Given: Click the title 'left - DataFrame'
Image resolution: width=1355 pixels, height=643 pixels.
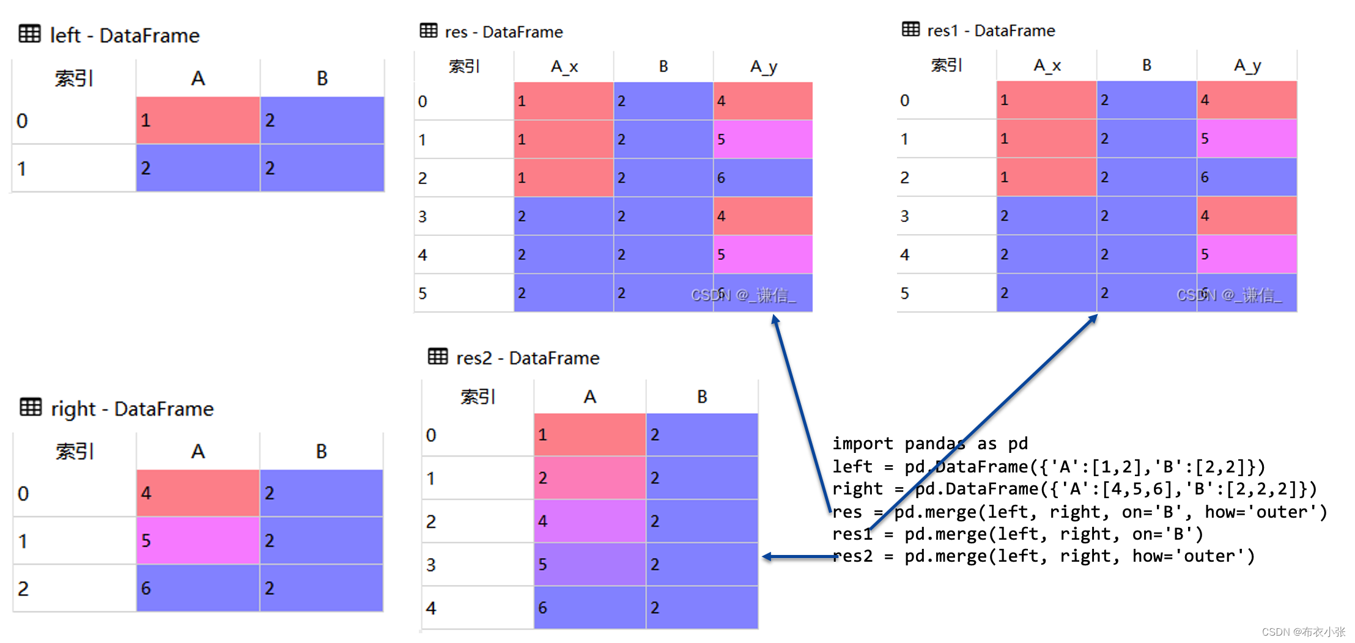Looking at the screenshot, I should [x=124, y=35].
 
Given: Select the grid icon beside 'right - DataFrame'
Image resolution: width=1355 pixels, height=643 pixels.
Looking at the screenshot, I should [x=31, y=407].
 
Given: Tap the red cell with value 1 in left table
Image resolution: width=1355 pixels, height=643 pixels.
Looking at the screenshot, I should [x=198, y=120].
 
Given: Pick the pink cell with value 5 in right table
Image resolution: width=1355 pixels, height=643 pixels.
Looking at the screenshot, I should [x=198, y=540].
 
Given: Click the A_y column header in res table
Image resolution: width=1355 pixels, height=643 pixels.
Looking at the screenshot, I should [x=763, y=66].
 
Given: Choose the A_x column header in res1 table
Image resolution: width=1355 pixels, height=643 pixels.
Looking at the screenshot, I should [x=1047, y=65].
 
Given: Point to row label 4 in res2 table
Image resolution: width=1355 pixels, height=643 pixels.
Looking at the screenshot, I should [x=431, y=608].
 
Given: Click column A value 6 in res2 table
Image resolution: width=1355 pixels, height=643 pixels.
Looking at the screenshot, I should [x=589, y=608].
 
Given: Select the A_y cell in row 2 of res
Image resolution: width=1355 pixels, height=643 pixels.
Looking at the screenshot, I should [x=762, y=178].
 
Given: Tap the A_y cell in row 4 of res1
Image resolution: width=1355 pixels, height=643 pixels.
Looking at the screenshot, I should [x=1247, y=254].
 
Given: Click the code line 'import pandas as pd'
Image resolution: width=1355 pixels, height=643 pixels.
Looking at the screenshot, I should [x=929, y=443].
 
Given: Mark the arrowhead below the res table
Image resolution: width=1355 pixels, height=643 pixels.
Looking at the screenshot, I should [x=775, y=320].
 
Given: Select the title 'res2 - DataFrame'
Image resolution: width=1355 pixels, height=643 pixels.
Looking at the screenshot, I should [x=527, y=358].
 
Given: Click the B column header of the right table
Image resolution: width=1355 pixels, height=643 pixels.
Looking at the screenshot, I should [x=322, y=451].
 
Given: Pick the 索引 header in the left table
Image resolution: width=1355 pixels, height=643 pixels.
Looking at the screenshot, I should [x=74, y=78].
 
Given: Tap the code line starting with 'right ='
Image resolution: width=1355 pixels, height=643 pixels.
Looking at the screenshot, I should [x=1074, y=489].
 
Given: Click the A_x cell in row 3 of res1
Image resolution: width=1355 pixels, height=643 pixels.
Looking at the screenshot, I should [x=1046, y=216].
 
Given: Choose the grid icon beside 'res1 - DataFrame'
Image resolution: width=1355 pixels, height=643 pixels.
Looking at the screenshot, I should [x=910, y=29].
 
